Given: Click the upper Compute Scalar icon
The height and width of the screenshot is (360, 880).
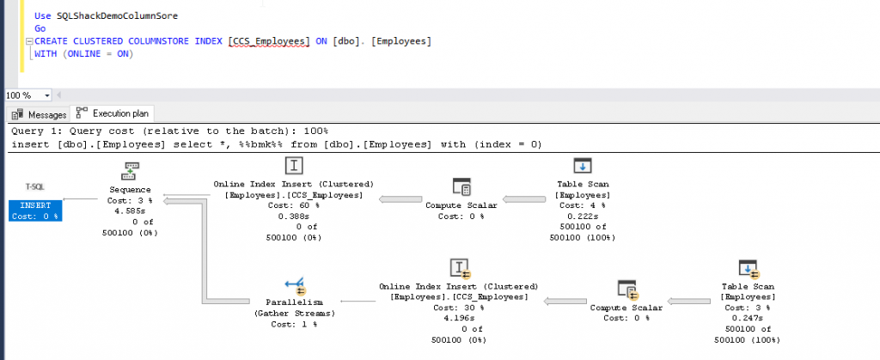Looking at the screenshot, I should click(x=461, y=187).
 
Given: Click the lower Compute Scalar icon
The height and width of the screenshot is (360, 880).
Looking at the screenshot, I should click(x=626, y=289).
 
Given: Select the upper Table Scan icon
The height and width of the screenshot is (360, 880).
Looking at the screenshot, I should click(x=582, y=166).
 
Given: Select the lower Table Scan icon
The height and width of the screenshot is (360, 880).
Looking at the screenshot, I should click(x=747, y=268).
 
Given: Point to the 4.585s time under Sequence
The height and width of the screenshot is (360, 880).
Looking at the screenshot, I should click(x=131, y=211).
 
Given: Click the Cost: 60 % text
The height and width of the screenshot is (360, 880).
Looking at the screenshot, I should click(x=293, y=207).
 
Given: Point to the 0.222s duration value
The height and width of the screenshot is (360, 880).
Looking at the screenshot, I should click(x=582, y=217).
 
